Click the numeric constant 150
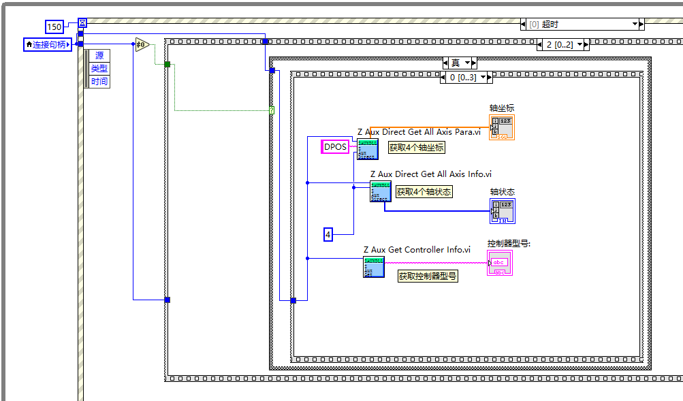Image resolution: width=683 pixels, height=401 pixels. coord(54,27)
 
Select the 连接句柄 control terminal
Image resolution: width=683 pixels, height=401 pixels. coord(48,45)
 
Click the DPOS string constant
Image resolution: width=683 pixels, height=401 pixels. coord(335,146)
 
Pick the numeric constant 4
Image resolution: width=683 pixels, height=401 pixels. coord(328,235)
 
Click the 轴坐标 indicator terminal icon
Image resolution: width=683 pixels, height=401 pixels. coord(502,127)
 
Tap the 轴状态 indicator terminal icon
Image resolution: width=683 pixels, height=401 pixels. coord(502,211)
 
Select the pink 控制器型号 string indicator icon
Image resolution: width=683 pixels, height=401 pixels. coord(500,263)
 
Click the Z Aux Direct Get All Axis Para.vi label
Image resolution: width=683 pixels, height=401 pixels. coord(419,132)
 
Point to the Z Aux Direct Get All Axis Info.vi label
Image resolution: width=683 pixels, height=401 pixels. coord(430,174)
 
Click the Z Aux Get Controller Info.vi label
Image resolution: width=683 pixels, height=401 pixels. coord(417,250)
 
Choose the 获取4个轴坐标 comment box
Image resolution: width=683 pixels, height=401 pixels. coord(417,147)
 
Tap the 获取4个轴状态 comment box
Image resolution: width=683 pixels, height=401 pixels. coord(424,192)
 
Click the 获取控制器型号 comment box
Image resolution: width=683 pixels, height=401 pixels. coord(428,276)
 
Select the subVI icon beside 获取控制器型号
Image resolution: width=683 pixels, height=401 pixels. coord(374,267)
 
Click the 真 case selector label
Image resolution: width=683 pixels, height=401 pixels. coord(456,63)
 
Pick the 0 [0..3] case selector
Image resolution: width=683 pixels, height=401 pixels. coord(466,78)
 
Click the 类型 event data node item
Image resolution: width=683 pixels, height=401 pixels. coord(99,69)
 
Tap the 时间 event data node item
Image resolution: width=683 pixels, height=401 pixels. coord(99,82)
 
